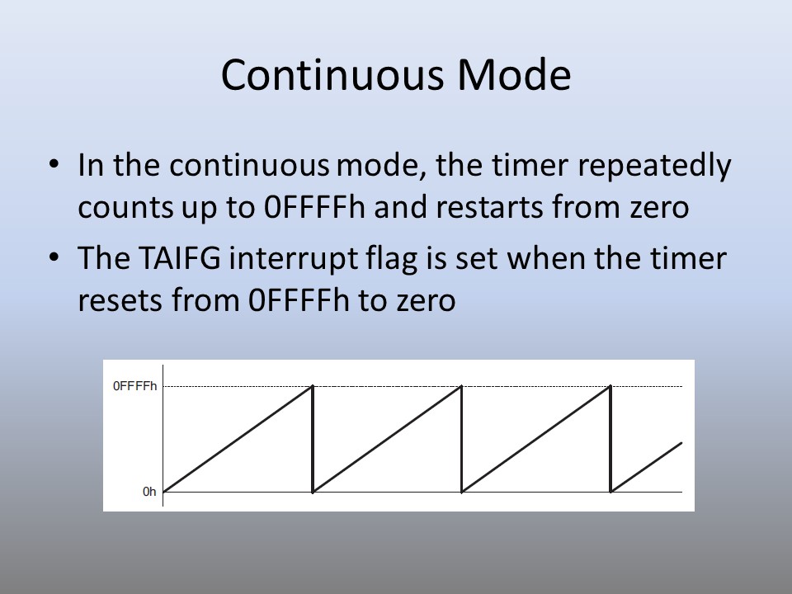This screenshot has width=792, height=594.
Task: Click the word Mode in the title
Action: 514,75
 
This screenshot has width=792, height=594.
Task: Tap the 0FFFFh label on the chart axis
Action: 134,386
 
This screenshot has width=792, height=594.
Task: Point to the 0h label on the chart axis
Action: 149,492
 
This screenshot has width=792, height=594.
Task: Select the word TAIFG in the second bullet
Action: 179,258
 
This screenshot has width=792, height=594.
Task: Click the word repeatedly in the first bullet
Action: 654,166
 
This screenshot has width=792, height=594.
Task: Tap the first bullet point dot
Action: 54,164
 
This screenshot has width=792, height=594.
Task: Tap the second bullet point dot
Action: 54,257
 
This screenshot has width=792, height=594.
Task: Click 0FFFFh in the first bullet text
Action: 314,207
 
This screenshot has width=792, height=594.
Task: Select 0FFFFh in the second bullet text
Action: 299,300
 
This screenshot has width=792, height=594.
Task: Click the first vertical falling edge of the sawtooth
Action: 313,439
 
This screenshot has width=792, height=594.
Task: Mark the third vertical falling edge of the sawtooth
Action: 610,439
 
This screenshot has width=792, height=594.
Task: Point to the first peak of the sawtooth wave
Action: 313,386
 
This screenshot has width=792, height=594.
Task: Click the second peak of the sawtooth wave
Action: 462,386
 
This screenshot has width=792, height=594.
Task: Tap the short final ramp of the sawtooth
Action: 647,467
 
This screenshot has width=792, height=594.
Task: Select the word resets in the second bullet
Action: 120,301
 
